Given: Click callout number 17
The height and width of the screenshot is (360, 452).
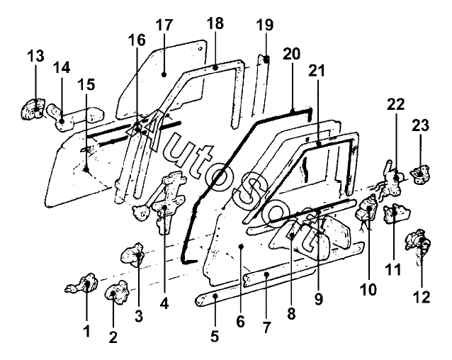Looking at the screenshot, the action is tap(164, 26).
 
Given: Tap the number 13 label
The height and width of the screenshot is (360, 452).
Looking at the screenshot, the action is tap(35, 56).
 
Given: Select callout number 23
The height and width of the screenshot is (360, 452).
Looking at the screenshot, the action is tap(420, 125).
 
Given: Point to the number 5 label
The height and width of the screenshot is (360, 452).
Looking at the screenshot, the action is tap(215, 337).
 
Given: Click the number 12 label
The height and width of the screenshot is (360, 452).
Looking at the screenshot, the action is tap(422, 297).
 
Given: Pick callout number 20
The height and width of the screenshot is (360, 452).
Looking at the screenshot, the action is tap(291, 54).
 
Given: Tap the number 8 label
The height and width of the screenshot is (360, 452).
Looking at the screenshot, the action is tap(291, 313).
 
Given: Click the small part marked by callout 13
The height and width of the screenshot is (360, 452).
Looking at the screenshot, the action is tap(33, 109).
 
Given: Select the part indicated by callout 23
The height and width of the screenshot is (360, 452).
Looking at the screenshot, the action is tap(422, 174).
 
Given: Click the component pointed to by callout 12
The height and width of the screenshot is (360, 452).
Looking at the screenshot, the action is tap(418, 244).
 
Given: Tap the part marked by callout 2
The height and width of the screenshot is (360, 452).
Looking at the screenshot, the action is tap(117, 292).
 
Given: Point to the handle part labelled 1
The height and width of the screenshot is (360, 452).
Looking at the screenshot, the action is tap(82, 284).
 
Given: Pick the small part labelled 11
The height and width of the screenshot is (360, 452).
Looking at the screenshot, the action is tap(396, 213).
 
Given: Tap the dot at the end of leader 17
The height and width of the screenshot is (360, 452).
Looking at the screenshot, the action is tap(164, 74).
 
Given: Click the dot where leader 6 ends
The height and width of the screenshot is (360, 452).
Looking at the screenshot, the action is tap(242, 246).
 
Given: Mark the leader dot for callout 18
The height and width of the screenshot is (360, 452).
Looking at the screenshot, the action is tap(215, 68).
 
